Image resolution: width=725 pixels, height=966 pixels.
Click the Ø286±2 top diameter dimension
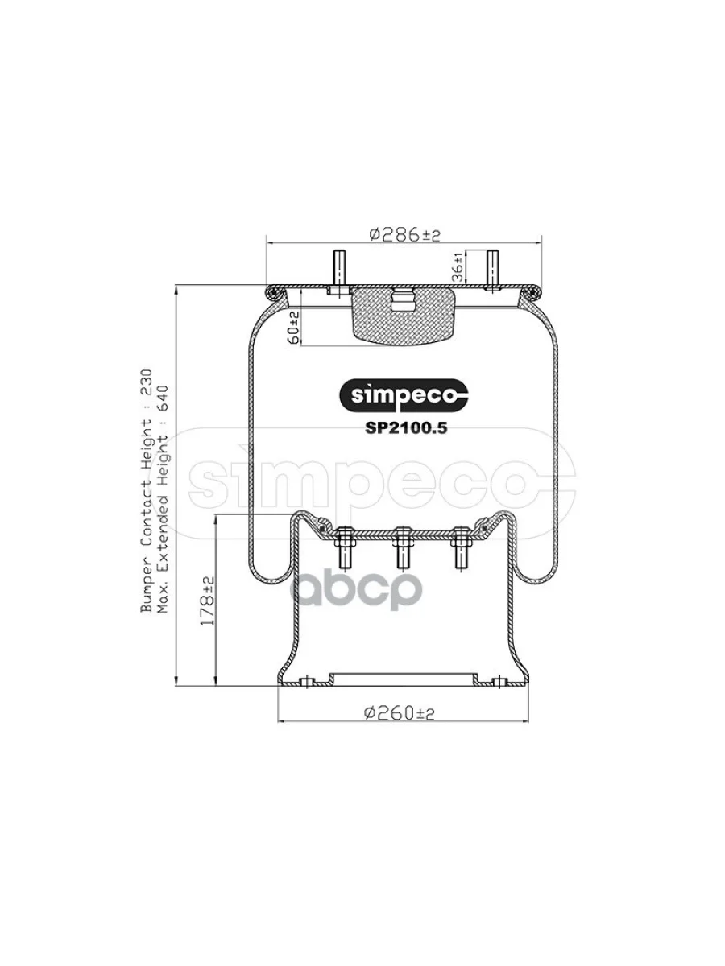[x=404, y=235]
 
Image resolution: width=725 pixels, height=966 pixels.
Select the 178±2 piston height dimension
[x=207, y=601]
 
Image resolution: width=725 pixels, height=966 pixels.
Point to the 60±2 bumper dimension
[x=294, y=328]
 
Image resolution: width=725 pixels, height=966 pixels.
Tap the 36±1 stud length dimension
[x=458, y=267]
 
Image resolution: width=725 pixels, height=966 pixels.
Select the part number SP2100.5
[x=406, y=427]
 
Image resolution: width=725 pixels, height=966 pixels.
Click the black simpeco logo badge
[x=404, y=396]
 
